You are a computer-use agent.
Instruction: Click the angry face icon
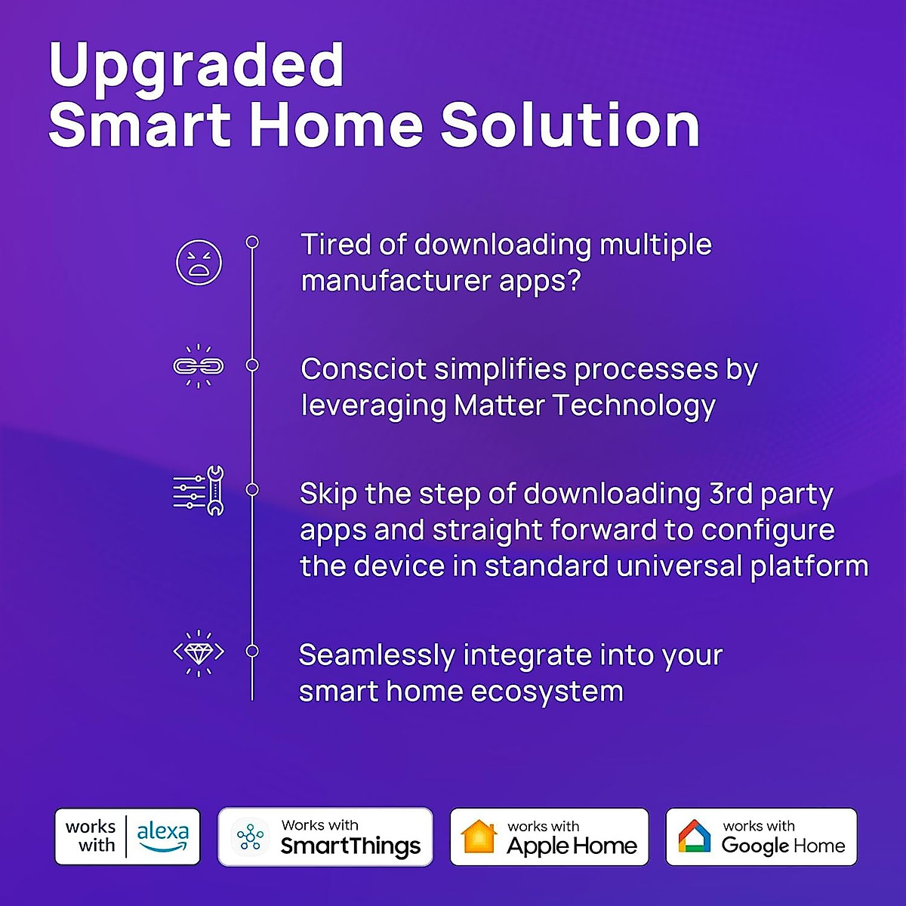point(199,263)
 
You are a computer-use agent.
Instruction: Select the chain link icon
point(199,366)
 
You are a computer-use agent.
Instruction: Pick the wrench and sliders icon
point(199,491)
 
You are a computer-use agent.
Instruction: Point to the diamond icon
point(199,652)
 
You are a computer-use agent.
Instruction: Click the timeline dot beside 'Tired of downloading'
point(252,242)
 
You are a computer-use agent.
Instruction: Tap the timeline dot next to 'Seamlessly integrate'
point(252,651)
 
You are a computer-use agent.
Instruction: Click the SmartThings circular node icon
point(250,837)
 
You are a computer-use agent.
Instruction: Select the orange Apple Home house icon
point(479,837)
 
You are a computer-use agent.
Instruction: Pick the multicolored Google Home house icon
point(694,837)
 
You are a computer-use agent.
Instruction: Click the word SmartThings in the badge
point(350,846)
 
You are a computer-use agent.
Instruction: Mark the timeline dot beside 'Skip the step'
point(252,490)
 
